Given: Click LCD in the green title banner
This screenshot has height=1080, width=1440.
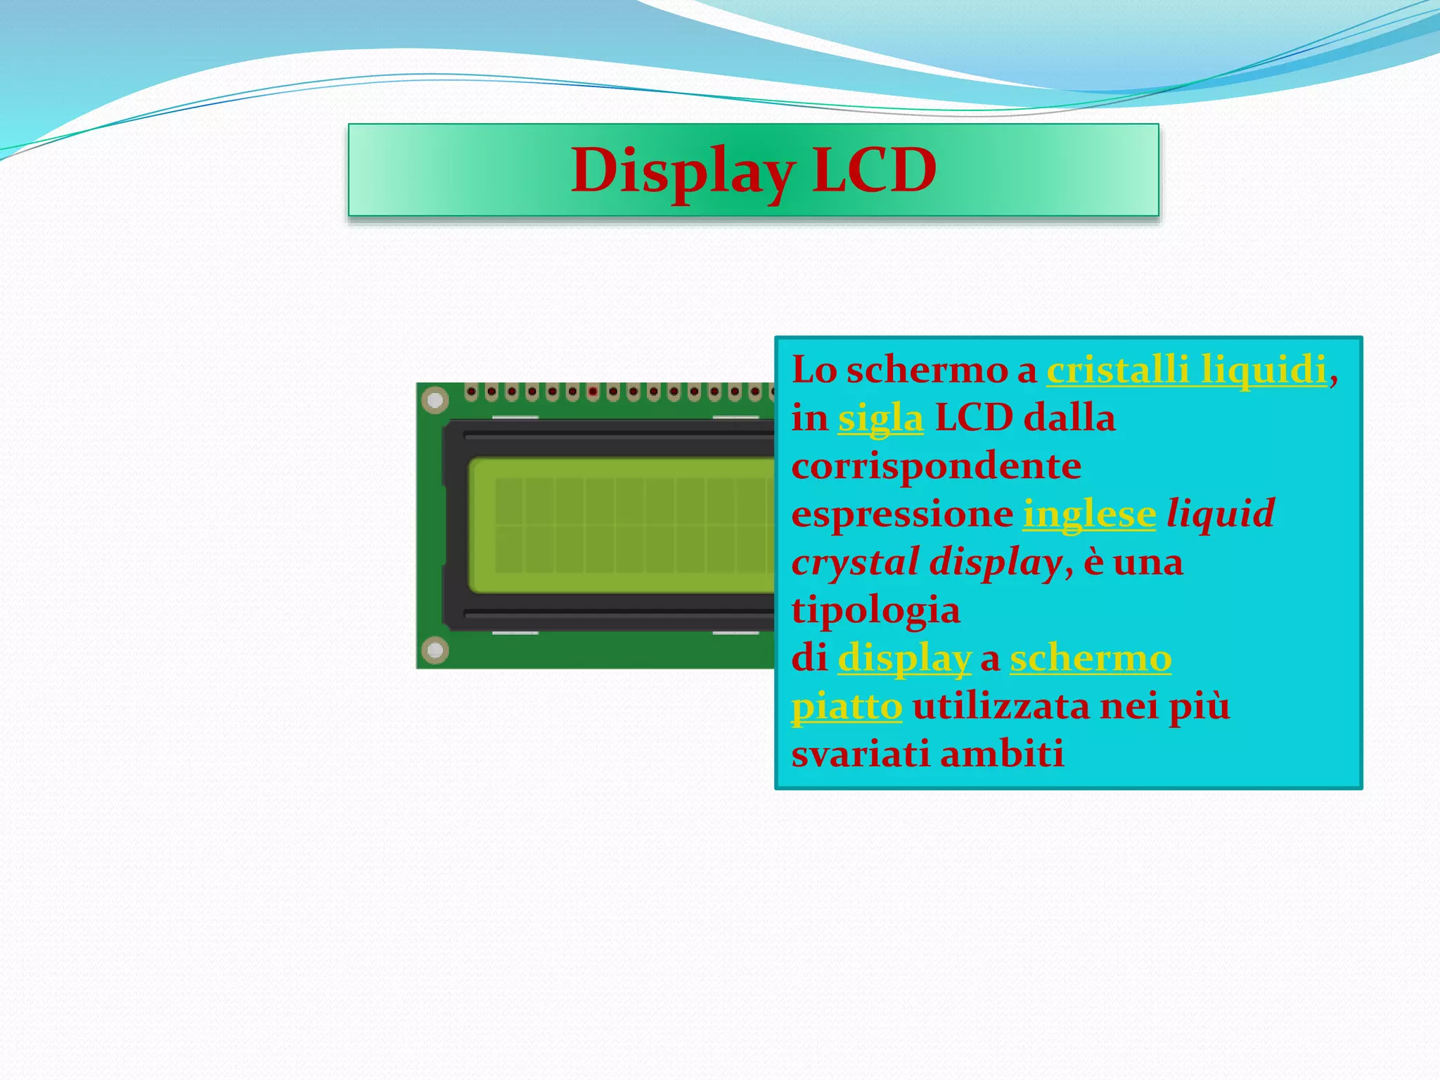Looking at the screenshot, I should [x=874, y=171].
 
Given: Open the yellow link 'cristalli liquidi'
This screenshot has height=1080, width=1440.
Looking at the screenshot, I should [x=1186, y=370].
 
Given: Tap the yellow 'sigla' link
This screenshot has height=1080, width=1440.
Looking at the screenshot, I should [x=880, y=418].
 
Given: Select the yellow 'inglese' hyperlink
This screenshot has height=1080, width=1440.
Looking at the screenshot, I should [x=1089, y=514].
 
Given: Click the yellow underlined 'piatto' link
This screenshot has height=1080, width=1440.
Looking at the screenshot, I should [x=847, y=706].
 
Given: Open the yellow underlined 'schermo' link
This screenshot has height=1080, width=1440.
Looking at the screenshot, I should [x=1091, y=658].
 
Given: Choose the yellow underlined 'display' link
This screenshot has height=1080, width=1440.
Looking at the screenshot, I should [x=904, y=660].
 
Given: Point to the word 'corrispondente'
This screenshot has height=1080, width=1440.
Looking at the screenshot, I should [x=936, y=466].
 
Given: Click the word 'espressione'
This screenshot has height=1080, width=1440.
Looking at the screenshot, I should [x=902, y=514].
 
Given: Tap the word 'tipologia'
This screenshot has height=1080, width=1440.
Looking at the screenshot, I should [x=875, y=610].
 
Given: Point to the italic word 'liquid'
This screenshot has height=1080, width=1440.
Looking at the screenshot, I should [x=1221, y=514].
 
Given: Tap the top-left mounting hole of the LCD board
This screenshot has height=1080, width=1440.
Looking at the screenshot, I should [x=435, y=401].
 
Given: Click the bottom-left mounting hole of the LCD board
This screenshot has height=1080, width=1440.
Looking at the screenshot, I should [x=435, y=650].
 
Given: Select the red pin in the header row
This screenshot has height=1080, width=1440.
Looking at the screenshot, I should [x=593, y=392].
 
